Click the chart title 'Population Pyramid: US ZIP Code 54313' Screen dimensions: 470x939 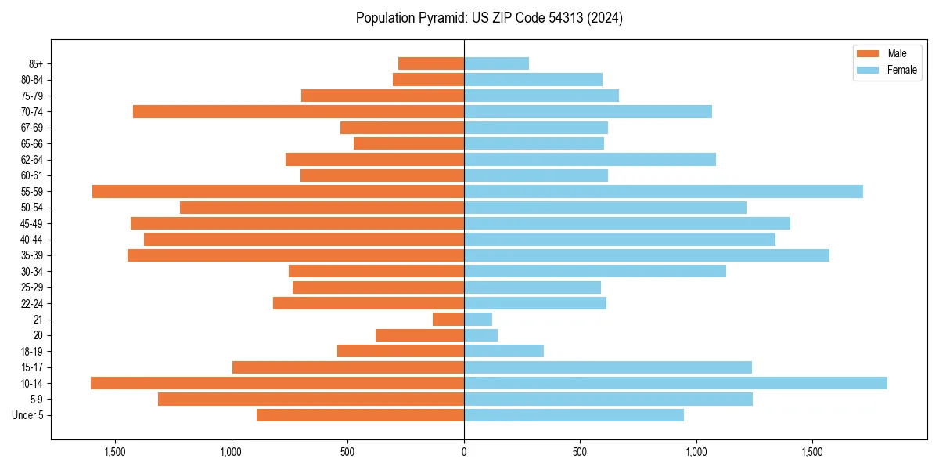pyautogui.click(x=489, y=18)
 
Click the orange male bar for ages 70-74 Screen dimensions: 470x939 pyautogui.click(x=298, y=111)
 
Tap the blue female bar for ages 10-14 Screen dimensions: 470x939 pyautogui.click(x=675, y=383)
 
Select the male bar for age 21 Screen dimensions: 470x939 pyautogui.click(x=448, y=319)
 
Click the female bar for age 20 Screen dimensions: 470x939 pyautogui.click(x=480, y=335)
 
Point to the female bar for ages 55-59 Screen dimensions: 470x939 pyautogui.click(x=663, y=191)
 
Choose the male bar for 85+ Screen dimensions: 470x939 pyautogui.click(x=431, y=63)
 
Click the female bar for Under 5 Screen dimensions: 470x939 pyautogui.click(x=574, y=415)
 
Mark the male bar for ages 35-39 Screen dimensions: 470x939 pyautogui.click(x=296, y=255)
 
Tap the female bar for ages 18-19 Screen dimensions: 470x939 pyautogui.click(x=504, y=351)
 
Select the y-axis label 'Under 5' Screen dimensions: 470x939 pyautogui.click(x=28, y=415)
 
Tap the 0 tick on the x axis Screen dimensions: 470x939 pyautogui.click(x=464, y=451)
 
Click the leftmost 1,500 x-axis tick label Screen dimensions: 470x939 pyautogui.click(x=115, y=451)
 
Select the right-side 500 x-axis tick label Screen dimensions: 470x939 pyautogui.click(x=580, y=451)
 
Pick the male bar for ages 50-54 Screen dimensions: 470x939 pyautogui.click(x=322, y=208)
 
